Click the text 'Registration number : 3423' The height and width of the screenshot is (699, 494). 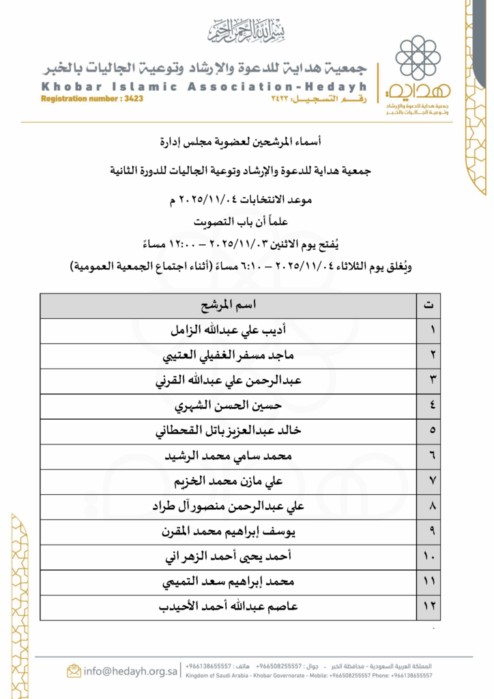(92, 99)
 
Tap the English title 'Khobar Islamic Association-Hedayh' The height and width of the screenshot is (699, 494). (203, 87)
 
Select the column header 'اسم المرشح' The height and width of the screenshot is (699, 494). (228, 305)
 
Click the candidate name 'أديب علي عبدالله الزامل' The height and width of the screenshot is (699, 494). (228, 330)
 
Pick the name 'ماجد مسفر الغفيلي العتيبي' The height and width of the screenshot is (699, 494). (228, 356)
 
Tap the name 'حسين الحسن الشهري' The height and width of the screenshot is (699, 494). (228, 406)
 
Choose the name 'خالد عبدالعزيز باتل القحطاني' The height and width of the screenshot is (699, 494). (228, 431)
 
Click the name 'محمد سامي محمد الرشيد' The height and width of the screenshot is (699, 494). (228, 456)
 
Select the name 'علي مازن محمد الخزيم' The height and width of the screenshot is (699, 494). (228, 481)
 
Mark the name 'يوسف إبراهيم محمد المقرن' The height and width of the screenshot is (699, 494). (228, 532)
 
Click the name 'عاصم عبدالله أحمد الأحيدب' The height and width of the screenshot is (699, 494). (228, 607)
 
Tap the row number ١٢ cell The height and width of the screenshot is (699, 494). (428, 607)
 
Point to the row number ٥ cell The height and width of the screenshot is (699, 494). (428, 431)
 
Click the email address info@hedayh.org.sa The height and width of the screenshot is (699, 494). (130, 670)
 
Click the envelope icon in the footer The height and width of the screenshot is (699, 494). (74, 670)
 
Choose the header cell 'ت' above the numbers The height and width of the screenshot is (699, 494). (428, 305)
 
